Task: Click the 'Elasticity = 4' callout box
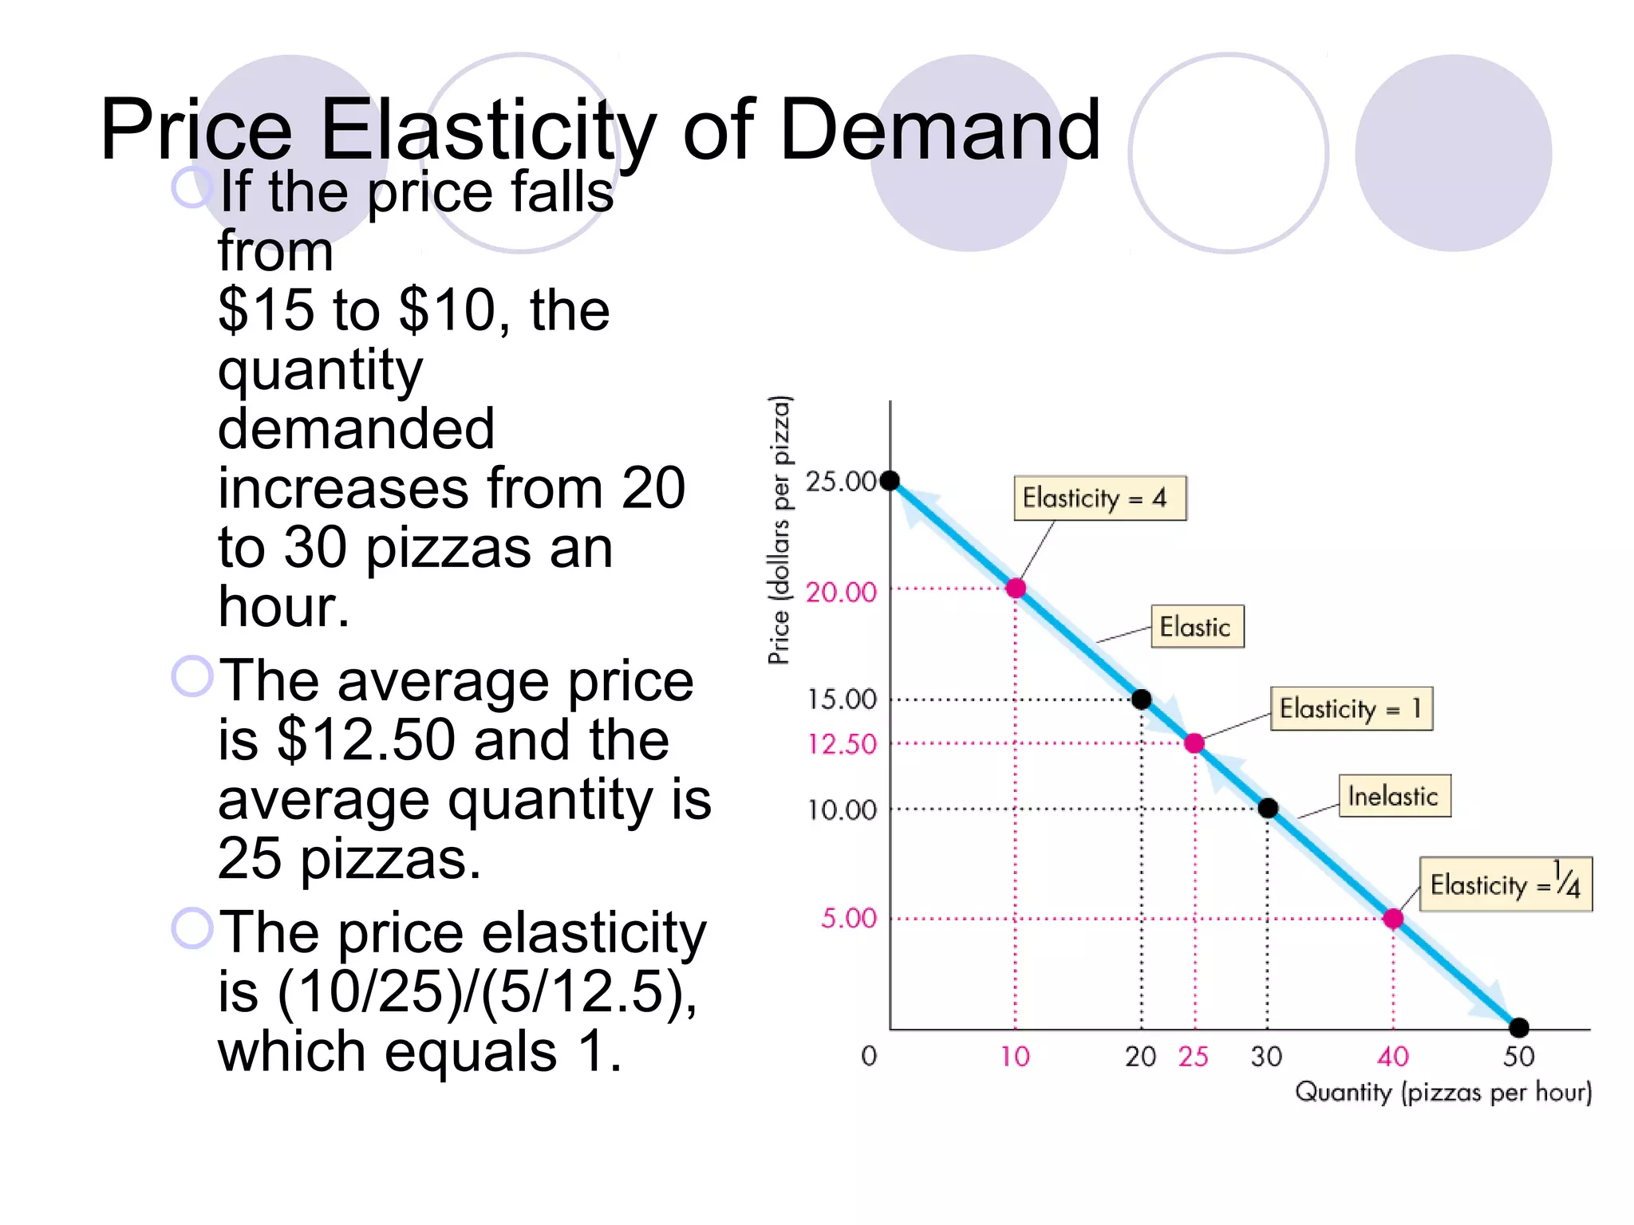(x=1099, y=498)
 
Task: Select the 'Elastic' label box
(x=1197, y=627)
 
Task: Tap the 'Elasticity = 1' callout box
(x=1351, y=708)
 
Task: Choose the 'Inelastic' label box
(x=1394, y=796)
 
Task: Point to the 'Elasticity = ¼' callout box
(x=1506, y=884)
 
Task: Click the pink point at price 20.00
(x=1016, y=589)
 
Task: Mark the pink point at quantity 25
(x=1194, y=743)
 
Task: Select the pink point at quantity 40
(x=1393, y=919)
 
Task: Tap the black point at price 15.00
(x=1142, y=699)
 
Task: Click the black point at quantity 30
(x=1268, y=809)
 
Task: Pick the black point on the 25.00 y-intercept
(x=890, y=480)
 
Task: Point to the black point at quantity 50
(x=1519, y=1027)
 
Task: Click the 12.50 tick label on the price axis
(x=842, y=744)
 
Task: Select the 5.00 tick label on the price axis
(x=849, y=918)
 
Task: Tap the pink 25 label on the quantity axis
(x=1193, y=1057)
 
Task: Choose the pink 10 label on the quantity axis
(x=1015, y=1057)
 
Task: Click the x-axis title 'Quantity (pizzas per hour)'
(x=1443, y=1092)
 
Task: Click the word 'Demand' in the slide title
(x=940, y=129)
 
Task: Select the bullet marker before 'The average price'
(x=192, y=676)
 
